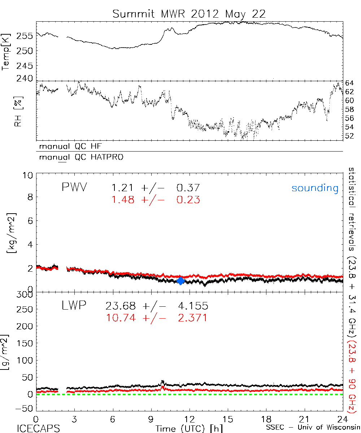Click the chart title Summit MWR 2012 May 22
pos(189,14)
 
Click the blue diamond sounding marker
pos(181,281)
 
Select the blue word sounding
pos(315,188)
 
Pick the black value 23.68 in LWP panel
pos(121,306)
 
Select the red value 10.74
pos(121,318)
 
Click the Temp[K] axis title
pos(6,51)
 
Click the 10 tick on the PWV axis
pos(29,175)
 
